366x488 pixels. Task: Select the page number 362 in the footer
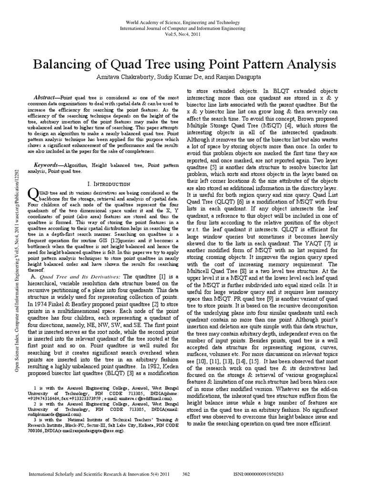tap(187, 475)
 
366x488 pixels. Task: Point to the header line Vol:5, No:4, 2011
tap(183, 34)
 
